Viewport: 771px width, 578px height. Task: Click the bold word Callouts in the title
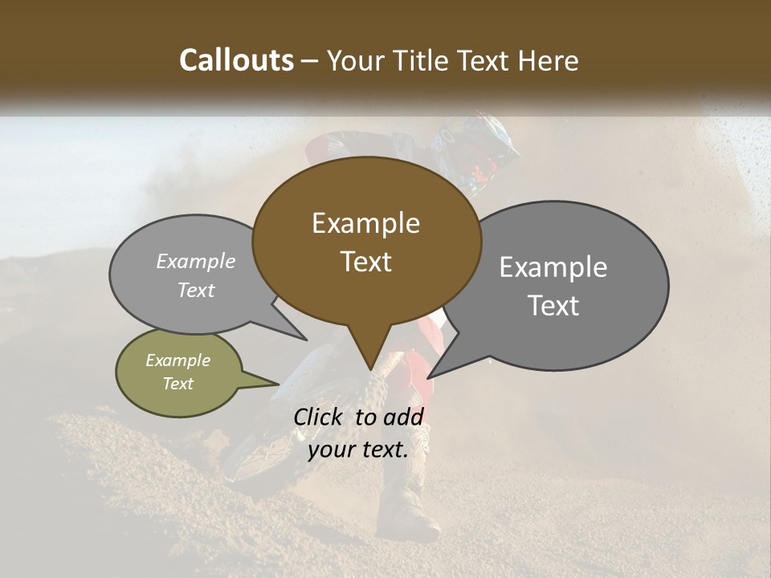coord(236,60)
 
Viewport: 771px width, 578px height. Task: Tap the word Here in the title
coord(548,60)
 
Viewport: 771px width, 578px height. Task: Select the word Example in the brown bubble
coord(365,223)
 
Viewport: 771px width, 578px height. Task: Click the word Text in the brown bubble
coord(365,261)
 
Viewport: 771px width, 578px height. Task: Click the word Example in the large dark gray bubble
coord(553,267)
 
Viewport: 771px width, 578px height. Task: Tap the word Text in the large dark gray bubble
coord(553,305)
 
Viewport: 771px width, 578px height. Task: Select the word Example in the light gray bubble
coord(196,261)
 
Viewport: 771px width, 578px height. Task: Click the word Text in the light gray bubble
coord(196,290)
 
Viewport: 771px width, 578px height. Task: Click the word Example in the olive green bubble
coord(177,360)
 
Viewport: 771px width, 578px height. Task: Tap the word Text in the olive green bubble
coord(177,384)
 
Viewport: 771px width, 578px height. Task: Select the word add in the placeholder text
coord(403,417)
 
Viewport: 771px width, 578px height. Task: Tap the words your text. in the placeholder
coord(357,450)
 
